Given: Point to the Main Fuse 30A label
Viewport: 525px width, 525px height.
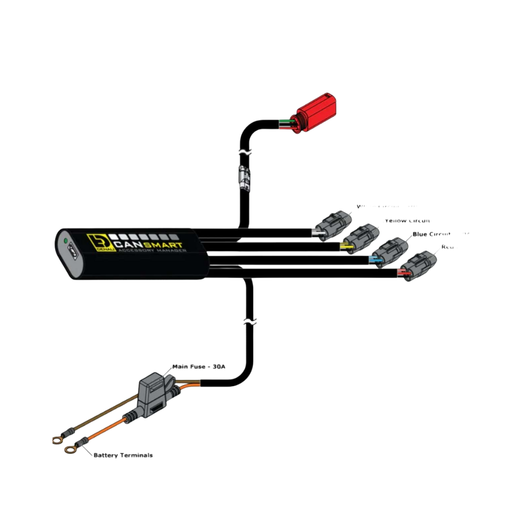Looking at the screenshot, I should pyautogui.click(x=199, y=366).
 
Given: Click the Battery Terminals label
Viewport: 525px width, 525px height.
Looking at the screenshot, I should pyautogui.click(x=123, y=455).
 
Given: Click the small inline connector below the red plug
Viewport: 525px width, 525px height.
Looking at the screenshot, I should pyautogui.click(x=245, y=178).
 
